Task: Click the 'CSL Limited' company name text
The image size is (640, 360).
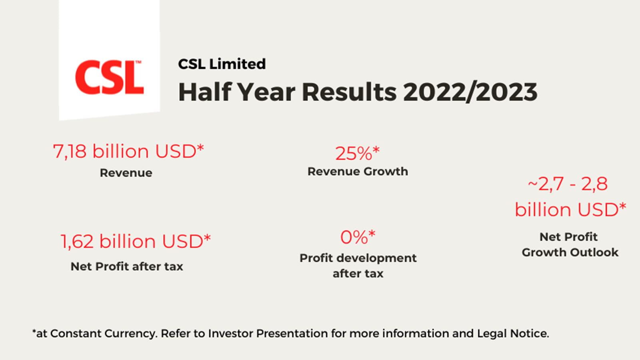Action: point(222,64)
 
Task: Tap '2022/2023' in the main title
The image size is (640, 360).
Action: point(470,92)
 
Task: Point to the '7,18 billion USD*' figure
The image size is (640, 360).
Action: point(128,152)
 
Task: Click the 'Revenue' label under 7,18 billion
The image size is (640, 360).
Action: point(126,173)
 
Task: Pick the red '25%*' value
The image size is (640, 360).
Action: point(357,153)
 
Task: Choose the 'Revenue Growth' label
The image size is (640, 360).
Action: point(358,172)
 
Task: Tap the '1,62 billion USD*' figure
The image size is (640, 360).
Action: point(136,241)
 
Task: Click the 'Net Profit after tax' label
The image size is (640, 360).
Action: point(127,266)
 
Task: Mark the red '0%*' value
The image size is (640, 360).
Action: point(358,237)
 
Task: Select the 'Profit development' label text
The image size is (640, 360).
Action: point(358,258)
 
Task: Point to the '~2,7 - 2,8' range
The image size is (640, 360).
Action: point(568,184)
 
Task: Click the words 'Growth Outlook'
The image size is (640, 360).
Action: point(570,252)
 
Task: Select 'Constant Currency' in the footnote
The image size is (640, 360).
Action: point(103,333)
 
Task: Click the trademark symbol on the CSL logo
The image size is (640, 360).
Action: point(138,62)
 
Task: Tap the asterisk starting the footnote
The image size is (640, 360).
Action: point(34,332)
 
